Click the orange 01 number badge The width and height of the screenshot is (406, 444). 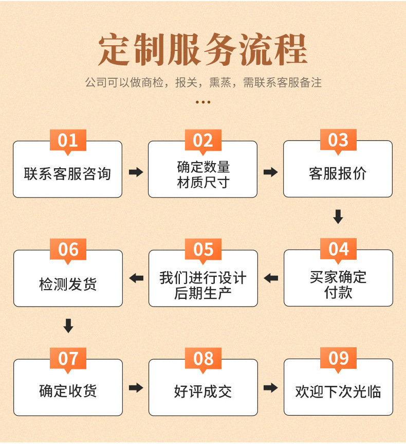(x=68, y=140)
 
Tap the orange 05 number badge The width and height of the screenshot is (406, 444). (x=203, y=250)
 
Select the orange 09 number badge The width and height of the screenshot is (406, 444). (x=338, y=359)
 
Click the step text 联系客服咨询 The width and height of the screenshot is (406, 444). (x=67, y=173)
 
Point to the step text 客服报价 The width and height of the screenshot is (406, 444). (x=338, y=173)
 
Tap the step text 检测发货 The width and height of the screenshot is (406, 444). (x=68, y=283)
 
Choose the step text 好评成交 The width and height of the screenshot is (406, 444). (x=203, y=392)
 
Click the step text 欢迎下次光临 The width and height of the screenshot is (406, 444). (x=338, y=392)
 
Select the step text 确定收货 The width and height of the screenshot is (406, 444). (x=68, y=392)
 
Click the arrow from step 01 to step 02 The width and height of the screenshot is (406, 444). (x=136, y=172)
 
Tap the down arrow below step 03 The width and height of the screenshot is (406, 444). (x=338, y=217)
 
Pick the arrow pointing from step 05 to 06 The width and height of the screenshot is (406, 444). (x=136, y=278)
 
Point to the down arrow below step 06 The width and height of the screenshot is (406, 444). (x=68, y=326)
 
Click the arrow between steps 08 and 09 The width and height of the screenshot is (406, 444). (x=270, y=387)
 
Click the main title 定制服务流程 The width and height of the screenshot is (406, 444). (x=202, y=50)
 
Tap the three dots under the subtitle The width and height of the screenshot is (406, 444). (x=203, y=102)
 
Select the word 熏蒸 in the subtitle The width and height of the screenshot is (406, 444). (x=222, y=82)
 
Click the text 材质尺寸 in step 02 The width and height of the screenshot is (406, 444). (x=203, y=182)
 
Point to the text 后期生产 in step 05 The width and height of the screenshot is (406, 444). (x=203, y=293)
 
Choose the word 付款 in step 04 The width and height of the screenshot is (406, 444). (x=338, y=293)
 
